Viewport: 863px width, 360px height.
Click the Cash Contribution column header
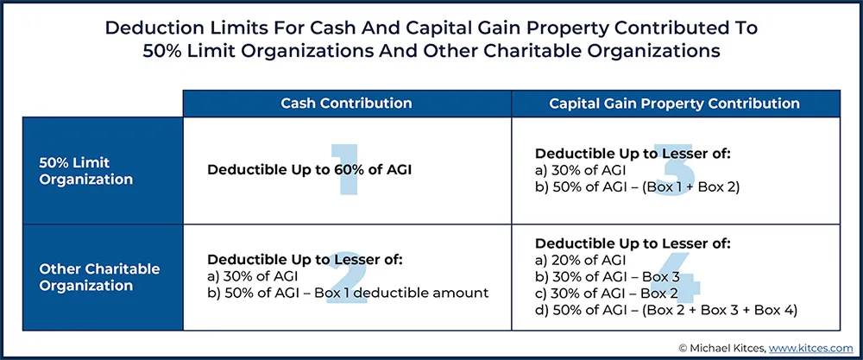pos(346,103)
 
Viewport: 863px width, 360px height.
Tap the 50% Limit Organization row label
pos(85,171)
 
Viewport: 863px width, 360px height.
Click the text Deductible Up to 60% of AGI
pos(309,170)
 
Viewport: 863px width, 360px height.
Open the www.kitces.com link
pos(810,348)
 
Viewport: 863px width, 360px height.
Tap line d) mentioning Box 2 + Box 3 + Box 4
pos(666,311)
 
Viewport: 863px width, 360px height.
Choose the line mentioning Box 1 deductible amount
pos(348,293)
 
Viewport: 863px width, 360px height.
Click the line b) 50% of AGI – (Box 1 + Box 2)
pos(638,187)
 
